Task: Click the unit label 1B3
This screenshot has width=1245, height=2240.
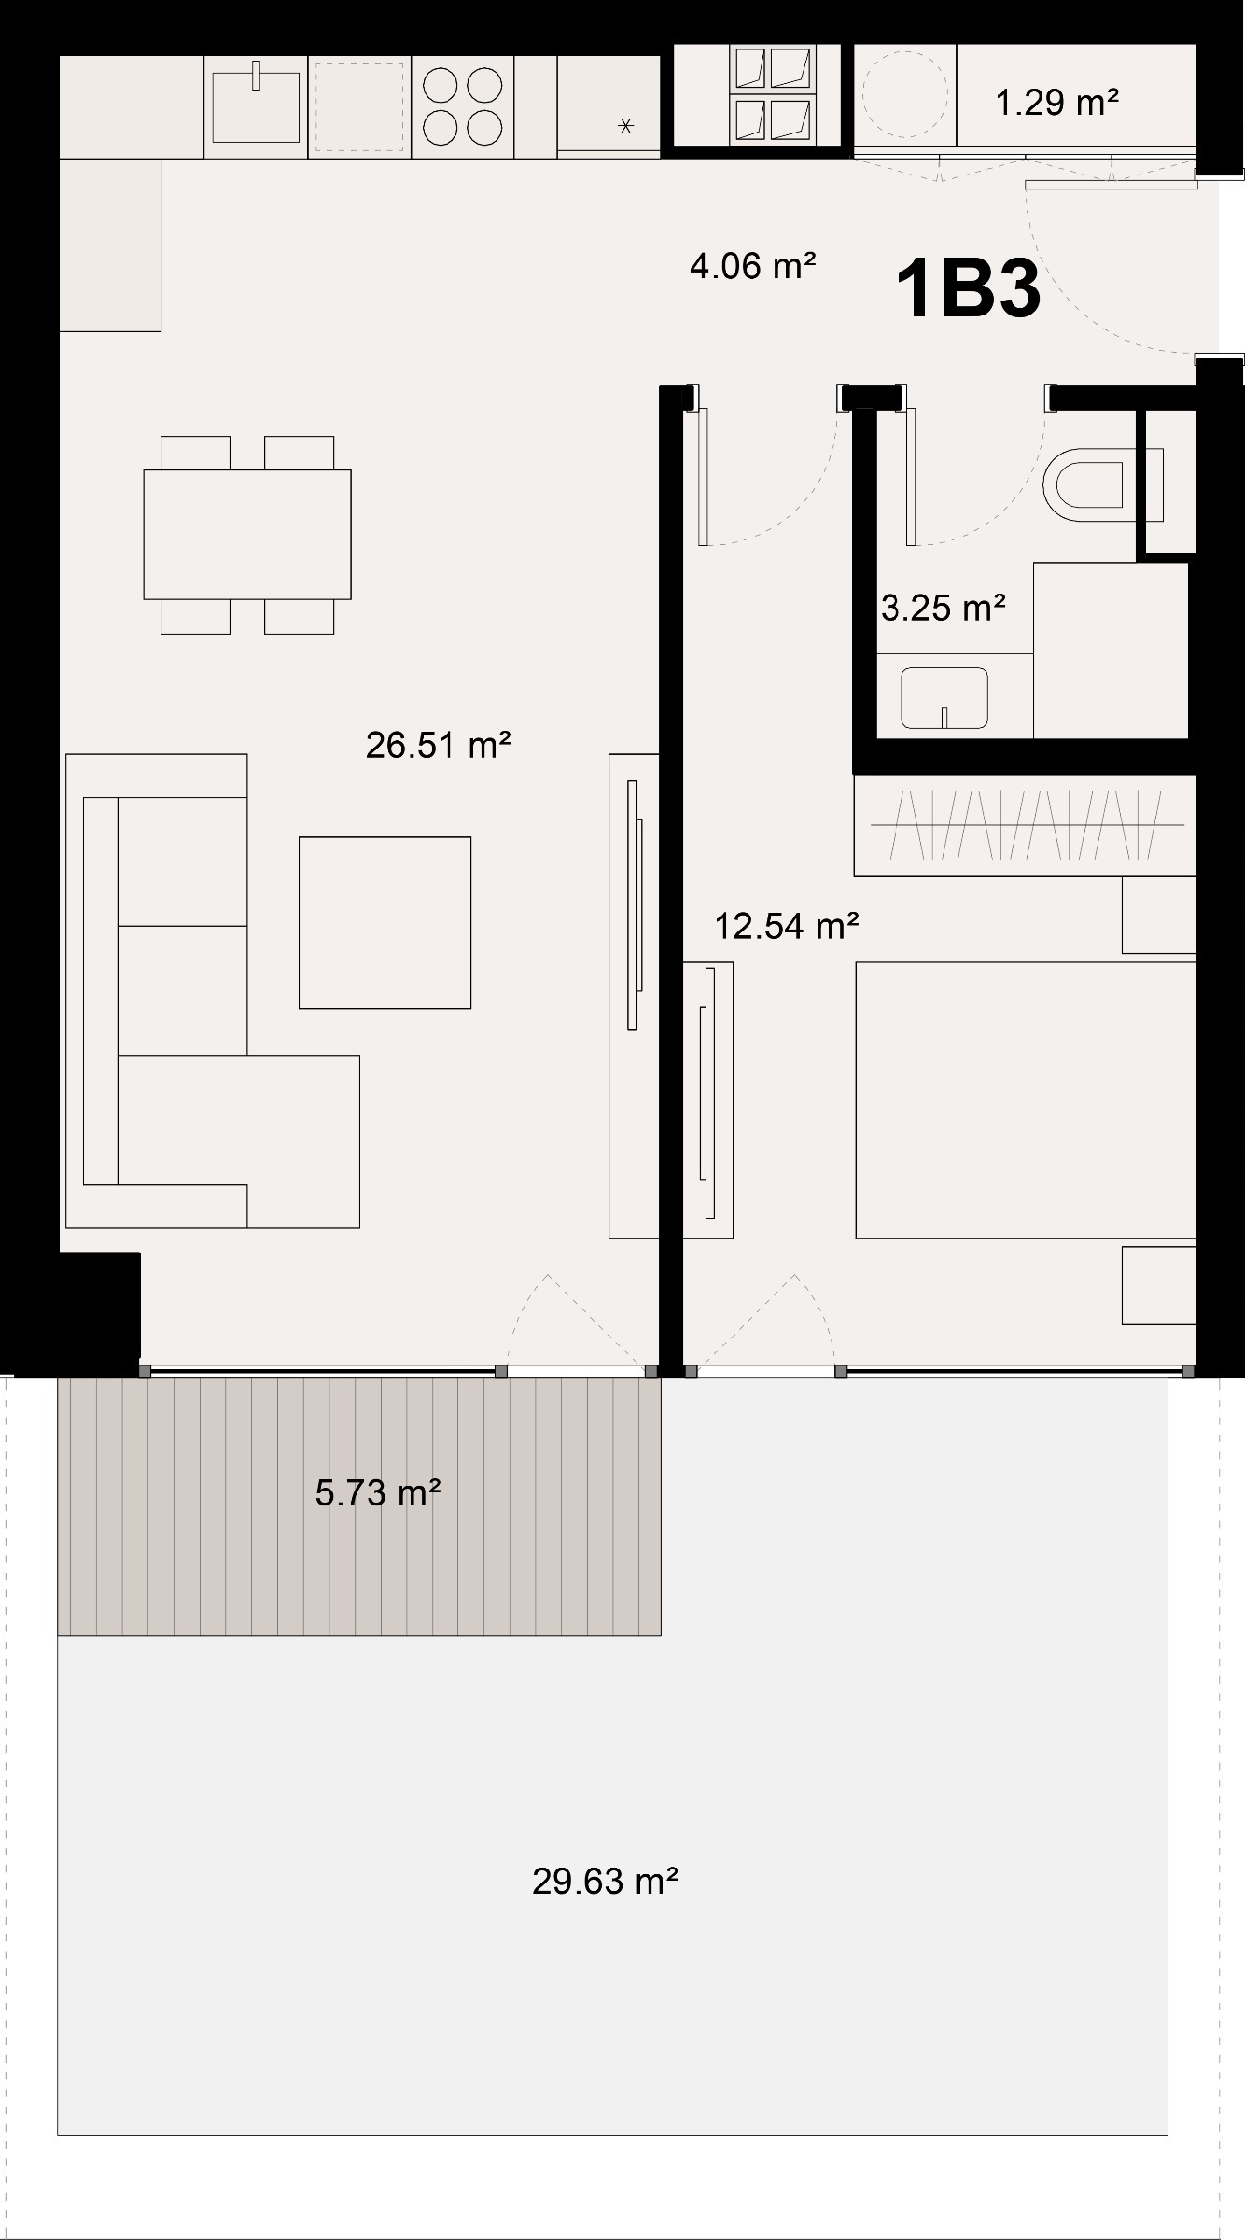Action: [x=968, y=289]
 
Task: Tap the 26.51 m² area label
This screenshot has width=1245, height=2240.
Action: [x=438, y=746]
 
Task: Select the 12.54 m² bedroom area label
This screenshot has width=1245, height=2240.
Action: [x=786, y=926]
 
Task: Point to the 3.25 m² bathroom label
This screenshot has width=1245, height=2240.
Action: [x=943, y=608]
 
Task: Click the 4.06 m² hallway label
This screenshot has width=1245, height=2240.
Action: [x=752, y=266]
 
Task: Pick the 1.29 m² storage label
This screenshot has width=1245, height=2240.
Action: [x=1056, y=101]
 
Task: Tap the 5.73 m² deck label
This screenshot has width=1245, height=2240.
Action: [x=377, y=1492]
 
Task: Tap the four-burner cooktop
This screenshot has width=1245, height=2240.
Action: [x=463, y=106]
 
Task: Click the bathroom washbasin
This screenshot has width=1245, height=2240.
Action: [x=944, y=697]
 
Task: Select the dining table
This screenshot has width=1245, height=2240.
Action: [x=247, y=534]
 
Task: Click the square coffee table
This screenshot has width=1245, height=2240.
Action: [x=385, y=922]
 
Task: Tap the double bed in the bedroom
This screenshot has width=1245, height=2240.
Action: [x=1026, y=1100]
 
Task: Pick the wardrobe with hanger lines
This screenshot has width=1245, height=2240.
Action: [x=1025, y=825]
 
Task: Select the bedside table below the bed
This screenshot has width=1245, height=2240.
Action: [x=1159, y=1284]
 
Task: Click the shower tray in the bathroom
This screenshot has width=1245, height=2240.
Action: [x=1111, y=650]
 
